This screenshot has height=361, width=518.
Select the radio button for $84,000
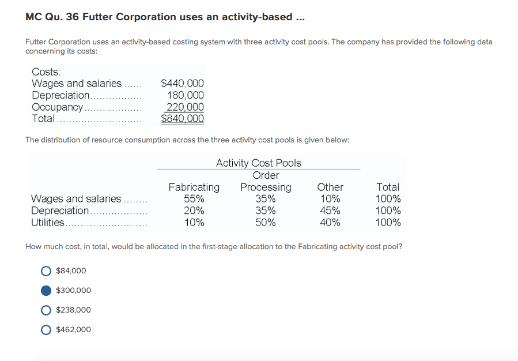pyautogui.click(x=47, y=270)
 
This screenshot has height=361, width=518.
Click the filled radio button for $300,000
pyautogui.click(x=47, y=290)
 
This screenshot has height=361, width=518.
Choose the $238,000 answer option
pyautogui.click(x=47, y=310)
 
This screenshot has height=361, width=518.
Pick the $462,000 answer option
pyautogui.click(x=47, y=329)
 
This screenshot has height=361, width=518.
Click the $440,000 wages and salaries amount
pyautogui.click(x=182, y=84)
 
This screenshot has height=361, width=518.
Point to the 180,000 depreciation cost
pyautogui.click(x=185, y=95)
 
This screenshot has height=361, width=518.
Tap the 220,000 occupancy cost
pyautogui.click(x=185, y=107)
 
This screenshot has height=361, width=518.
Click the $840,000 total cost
pyautogui.click(x=182, y=119)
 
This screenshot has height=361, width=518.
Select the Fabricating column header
pyautogui.click(x=194, y=187)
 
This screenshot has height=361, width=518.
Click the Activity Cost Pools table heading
pyautogui.click(x=258, y=163)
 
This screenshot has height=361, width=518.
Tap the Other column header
pyautogui.click(x=330, y=187)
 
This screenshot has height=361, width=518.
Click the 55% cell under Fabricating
pyautogui.click(x=194, y=199)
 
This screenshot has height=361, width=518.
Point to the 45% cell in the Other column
pyautogui.click(x=330, y=210)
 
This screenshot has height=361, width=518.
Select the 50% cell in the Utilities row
pyautogui.click(x=266, y=223)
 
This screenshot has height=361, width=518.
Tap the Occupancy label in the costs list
pyautogui.click(x=57, y=107)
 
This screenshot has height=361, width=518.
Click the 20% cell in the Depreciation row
pyautogui.click(x=194, y=210)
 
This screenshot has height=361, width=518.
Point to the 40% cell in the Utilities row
pyautogui.click(x=330, y=223)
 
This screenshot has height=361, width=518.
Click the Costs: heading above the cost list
pyautogui.click(x=46, y=72)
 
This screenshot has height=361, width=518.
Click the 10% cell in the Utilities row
pyautogui.click(x=194, y=223)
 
